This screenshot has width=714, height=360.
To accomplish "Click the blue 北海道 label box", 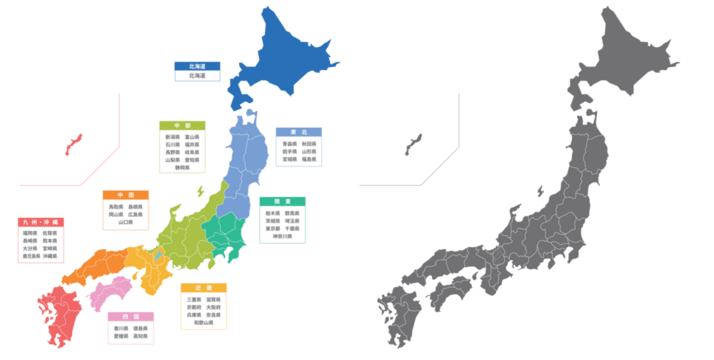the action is pos(197,72).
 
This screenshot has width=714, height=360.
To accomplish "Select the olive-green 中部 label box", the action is pos(182,147).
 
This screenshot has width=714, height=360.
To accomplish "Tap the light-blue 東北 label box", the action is pos(298,147).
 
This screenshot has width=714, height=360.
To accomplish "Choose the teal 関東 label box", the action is pos(282,220).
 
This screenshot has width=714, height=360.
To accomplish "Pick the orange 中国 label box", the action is pos(125,210).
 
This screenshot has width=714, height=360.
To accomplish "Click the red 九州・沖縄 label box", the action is pos(40,240).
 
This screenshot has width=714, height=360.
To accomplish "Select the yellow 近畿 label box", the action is pos(203,306).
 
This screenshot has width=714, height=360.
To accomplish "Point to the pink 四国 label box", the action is pos(130,328).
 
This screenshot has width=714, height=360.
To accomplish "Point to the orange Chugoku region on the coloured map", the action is pos(100,264).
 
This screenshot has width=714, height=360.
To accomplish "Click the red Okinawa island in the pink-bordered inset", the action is pos(73,145).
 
